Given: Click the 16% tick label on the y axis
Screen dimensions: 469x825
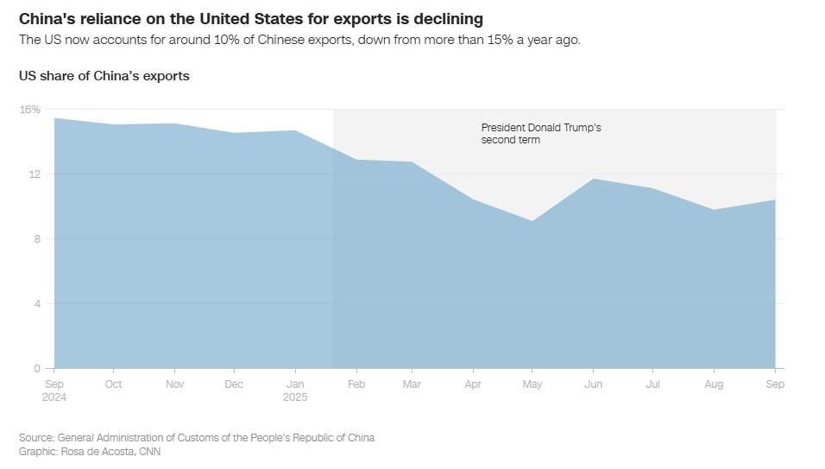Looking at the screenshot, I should [30, 110].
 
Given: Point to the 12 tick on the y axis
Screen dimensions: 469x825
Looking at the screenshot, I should [35, 174].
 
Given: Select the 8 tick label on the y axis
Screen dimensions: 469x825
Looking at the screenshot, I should [37, 239].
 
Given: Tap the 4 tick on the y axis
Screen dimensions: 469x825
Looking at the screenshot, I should [37, 304].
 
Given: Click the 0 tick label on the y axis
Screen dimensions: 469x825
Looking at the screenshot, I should [37, 369].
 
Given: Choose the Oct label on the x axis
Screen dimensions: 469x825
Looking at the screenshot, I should [114, 384].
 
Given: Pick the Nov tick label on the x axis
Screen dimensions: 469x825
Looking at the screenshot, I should [174, 384].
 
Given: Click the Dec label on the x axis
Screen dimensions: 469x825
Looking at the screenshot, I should [234, 384].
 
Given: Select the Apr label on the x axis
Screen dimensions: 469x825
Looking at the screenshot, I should [474, 384].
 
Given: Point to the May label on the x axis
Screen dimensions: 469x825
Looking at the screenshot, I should [533, 384].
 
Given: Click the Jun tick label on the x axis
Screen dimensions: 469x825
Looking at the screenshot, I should [594, 384].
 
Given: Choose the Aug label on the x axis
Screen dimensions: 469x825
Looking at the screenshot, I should [715, 384].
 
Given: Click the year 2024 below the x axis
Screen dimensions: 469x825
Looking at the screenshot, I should [54, 397].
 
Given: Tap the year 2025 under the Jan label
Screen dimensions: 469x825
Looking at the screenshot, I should [294, 397].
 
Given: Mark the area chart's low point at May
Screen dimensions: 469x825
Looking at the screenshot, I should [533, 221].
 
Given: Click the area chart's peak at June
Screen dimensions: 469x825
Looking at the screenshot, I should [594, 179].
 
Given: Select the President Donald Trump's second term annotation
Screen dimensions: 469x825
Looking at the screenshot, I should [540, 133].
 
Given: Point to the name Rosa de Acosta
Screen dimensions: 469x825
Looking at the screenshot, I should [93, 451].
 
